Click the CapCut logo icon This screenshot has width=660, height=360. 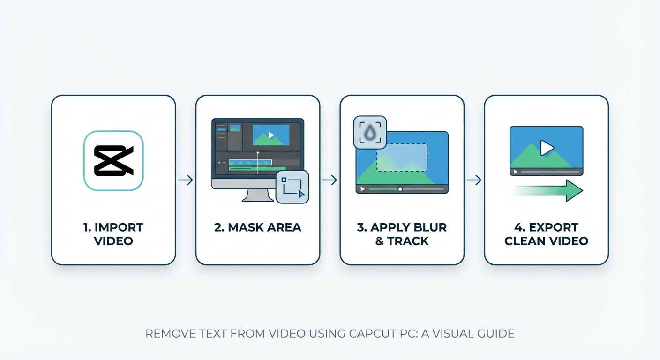click(113, 161)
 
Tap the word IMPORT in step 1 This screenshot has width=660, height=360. click(119, 228)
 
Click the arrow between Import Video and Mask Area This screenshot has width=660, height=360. click(186, 180)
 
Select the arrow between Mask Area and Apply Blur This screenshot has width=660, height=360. click(330, 180)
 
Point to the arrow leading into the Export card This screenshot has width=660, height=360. click(474, 180)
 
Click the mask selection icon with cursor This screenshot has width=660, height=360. click(292, 187)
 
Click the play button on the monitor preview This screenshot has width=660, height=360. click(271, 135)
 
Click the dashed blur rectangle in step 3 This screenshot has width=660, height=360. click(402, 157)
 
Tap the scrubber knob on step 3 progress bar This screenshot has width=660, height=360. click(400, 189)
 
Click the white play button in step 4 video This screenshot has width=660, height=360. click(547, 148)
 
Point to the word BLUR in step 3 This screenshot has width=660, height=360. click(430, 228)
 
